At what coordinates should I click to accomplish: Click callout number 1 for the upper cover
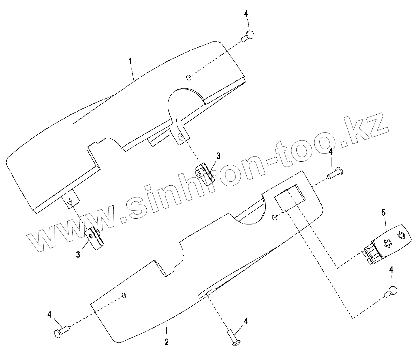[130, 62]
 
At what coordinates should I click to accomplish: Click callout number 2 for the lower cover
[166, 342]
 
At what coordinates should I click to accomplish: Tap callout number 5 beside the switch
[383, 213]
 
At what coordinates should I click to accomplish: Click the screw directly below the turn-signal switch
[391, 292]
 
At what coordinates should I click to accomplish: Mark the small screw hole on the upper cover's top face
[188, 77]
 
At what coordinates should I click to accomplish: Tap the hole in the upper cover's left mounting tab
[70, 201]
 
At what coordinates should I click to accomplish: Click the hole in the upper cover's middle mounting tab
[181, 136]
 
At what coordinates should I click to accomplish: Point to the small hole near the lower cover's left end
[124, 295]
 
